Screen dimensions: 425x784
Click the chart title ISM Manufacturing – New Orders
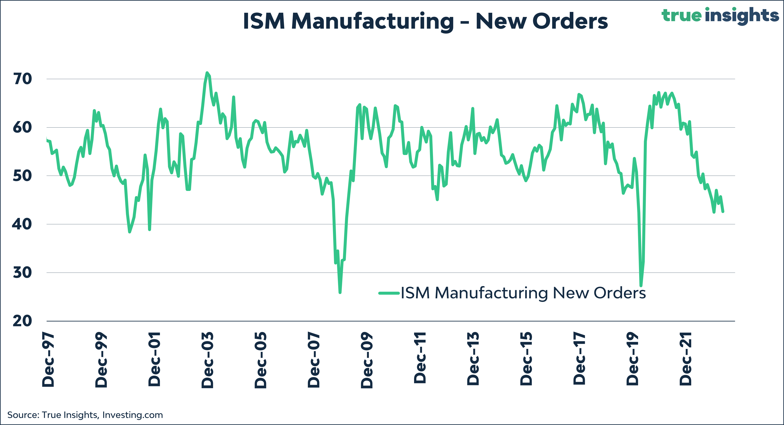pos(425,21)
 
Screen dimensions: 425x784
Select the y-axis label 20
pos(22,321)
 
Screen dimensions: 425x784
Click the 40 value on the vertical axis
pos(22,225)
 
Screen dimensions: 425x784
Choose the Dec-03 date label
pos(207,360)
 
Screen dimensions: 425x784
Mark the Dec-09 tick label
pos(367,360)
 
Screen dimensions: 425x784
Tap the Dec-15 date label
pos(526,359)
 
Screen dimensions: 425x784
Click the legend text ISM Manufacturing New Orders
pos(523,293)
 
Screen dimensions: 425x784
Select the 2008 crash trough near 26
pos(340,293)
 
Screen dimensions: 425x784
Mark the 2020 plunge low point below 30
pos(641,286)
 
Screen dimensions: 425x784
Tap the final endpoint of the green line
pos(723,211)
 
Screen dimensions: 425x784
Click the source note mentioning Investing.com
pos(85,415)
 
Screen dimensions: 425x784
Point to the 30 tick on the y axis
pos(22,273)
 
